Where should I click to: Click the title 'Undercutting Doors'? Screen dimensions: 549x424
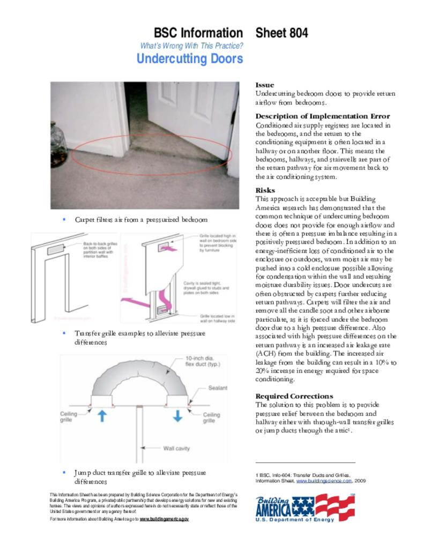(190, 59)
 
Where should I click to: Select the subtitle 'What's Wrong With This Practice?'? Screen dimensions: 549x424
(191, 46)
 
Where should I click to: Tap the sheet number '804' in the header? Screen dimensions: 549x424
(297, 33)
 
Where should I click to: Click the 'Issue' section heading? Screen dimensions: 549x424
(264, 85)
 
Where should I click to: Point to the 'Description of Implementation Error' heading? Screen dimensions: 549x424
(322, 116)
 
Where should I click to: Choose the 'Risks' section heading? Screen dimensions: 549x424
(265, 190)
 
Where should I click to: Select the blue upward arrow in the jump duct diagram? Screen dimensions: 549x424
(102, 416)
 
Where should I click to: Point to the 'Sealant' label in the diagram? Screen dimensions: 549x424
(217, 388)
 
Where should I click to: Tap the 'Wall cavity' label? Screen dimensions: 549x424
(176, 448)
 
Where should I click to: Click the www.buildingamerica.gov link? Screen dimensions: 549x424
(164, 520)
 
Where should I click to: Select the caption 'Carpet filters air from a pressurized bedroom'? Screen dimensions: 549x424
(141, 220)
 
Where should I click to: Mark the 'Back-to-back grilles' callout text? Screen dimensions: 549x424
(102, 250)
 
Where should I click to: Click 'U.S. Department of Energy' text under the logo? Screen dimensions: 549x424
(294, 520)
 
